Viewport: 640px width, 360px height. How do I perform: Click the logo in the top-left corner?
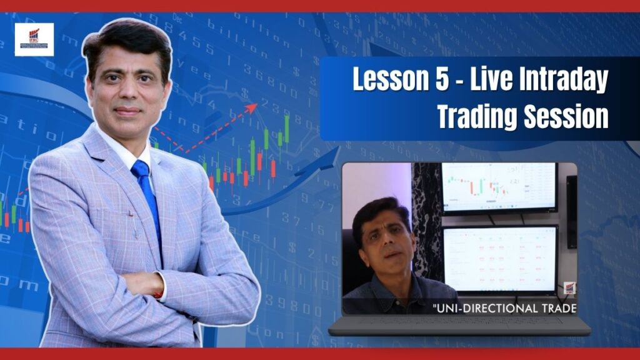(34, 39)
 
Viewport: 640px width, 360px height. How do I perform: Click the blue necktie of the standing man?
(147, 194)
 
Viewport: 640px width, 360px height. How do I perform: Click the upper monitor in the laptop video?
(499, 186)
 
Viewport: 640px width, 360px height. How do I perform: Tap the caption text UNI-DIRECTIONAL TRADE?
(504, 307)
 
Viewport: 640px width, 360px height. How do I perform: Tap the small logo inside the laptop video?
(569, 288)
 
